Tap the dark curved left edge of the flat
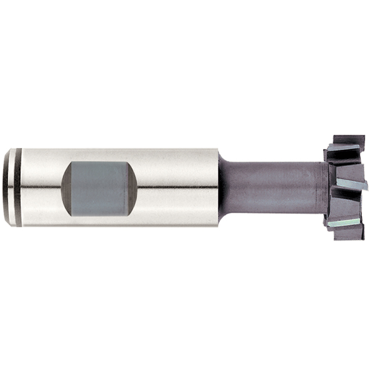(x=67, y=187)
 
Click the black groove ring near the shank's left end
(x=18, y=187)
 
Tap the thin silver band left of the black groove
(x=12, y=187)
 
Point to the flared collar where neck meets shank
(x=224, y=187)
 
